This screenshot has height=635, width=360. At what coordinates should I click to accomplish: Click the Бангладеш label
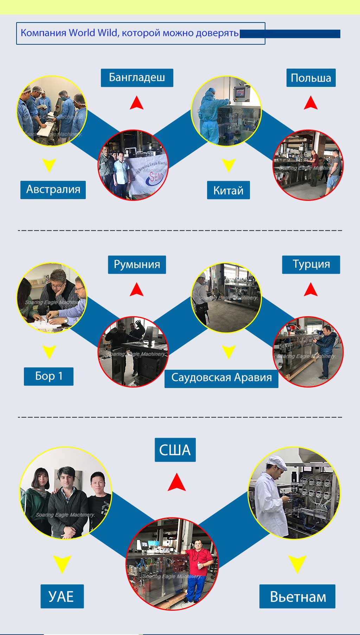click(137, 78)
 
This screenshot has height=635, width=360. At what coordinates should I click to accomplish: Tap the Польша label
click(311, 78)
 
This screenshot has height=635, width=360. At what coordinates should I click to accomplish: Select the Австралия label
click(53, 190)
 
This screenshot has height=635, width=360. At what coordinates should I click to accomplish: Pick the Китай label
click(228, 190)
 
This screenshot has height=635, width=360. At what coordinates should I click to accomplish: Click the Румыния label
click(137, 265)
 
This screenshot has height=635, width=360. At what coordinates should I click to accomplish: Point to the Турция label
click(311, 265)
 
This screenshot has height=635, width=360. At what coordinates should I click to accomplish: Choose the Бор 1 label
click(49, 376)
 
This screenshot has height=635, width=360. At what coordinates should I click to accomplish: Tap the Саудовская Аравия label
click(221, 378)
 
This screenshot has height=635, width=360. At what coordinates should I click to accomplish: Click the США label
click(175, 450)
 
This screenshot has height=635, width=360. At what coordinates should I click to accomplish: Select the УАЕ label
click(62, 596)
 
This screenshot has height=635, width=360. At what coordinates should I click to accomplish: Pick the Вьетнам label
click(297, 597)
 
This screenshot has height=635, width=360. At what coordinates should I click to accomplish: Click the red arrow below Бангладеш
click(137, 103)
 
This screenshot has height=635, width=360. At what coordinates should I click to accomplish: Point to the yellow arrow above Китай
click(229, 165)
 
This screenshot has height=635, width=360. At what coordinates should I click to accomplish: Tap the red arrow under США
click(176, 482)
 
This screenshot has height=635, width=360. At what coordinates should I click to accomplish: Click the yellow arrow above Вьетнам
click(297, 564)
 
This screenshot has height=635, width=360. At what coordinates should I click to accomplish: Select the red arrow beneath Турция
click(311, 290)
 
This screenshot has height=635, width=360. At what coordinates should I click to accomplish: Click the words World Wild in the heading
click(93, 33)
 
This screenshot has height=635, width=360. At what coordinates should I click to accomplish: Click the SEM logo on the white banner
click(155, 177)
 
